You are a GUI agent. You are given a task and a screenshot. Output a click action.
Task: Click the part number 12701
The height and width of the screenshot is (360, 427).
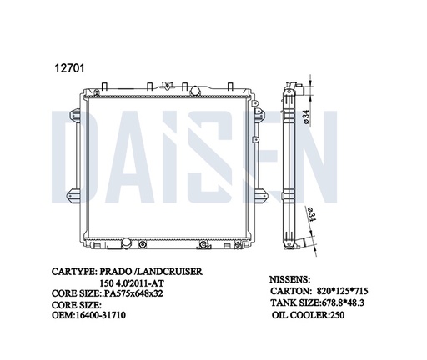click(x=69, y=67)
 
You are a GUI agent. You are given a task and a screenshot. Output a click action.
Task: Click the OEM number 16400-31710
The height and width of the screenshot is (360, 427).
click(x=100, y=315)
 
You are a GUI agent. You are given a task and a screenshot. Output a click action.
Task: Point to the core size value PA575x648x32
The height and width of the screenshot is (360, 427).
click(x=133, y=293)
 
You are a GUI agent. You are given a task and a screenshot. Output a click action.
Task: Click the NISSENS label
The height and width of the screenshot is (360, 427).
click(x=289, y=279)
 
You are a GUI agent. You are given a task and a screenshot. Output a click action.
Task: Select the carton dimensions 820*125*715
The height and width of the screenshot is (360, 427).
click(x=343, y=291)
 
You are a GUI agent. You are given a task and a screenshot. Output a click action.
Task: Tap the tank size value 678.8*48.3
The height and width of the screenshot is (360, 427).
click(x=343, y=302)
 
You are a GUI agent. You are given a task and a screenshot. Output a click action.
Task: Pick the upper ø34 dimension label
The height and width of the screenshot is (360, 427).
click(x=306, y=117)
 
